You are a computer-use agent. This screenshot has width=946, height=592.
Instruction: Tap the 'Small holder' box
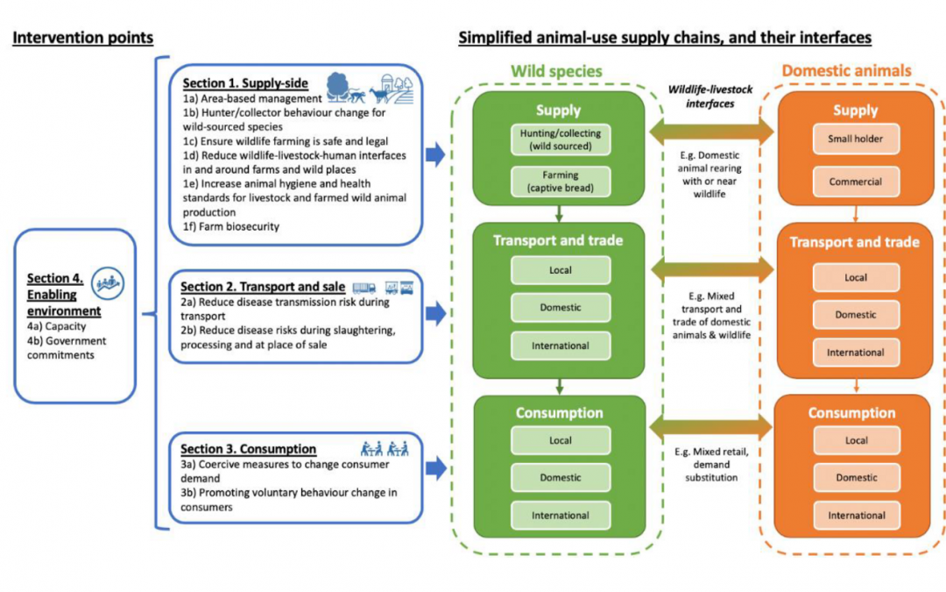pyautogui.click(x=856, y=139)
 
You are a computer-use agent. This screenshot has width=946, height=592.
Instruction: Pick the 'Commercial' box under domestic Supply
pyautogui.click(x=856, y=182)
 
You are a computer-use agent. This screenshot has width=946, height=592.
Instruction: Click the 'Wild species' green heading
pyautogui.click(x=557, y=70)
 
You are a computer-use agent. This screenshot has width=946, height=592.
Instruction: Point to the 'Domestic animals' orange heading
pyautogui.click(x=846, y=70)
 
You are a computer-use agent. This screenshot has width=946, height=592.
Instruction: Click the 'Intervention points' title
pyautogui.click(x=83, y=38)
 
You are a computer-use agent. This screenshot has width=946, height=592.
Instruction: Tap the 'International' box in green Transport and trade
pyautogui.click(x=561, y=346)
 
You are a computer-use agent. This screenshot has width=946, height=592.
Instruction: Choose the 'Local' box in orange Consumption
pyautogui.click(x=857, y=440)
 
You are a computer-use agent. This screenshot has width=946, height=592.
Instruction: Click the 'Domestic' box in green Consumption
pyautogui.click(x=561, y=478)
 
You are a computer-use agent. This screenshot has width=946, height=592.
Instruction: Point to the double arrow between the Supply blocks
pyautogui.click(x=711, y=132)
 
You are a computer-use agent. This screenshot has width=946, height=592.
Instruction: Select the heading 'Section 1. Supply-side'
pyautogui.click(x=245, y=83)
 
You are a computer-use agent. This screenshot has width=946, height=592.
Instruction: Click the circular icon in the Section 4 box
pyautogui.click(x=110, y=281)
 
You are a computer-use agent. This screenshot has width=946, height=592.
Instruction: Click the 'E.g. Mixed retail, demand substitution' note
pyautogui.click(x=711, y=465)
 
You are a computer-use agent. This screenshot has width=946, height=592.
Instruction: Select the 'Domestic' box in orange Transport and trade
pyautogui.click(x=856, y=315)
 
